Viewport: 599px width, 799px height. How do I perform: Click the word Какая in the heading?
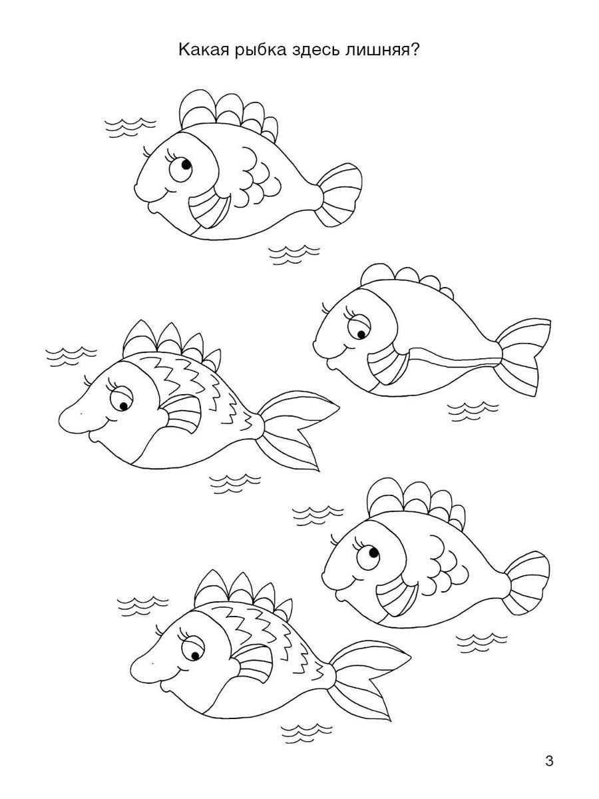click(x=204, y=50)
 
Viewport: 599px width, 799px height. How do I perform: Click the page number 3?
click(x=549, y=759)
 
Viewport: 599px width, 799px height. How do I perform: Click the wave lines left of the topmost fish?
click(x=130, y=128)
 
